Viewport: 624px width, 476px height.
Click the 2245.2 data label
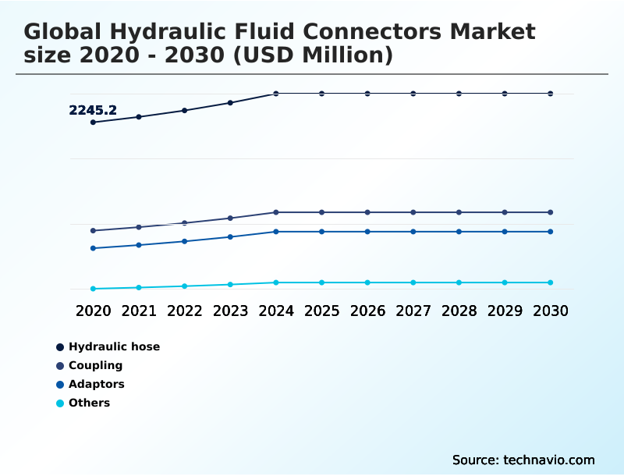93,111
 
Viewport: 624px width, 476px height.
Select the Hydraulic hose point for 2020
93,123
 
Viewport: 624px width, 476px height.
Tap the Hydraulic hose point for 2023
230,102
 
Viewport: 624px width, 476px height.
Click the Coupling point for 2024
276,212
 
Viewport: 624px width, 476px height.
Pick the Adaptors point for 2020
93,248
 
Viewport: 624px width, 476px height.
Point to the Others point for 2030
551,282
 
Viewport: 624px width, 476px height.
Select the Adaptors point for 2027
413,232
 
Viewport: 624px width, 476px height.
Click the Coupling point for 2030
551,212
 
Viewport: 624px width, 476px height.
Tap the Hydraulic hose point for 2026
367,94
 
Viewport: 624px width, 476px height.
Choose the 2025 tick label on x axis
321,311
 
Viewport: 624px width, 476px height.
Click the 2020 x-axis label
93,311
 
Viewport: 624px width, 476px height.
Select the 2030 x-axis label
551,311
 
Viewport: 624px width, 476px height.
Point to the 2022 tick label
185,311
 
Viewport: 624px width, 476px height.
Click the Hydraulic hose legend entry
114,346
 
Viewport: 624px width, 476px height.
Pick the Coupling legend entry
95,365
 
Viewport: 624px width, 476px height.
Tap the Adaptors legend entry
96,384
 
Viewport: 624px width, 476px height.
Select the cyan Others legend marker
60,403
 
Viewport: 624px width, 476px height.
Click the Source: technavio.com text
523,460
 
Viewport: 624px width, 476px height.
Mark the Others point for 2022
185,286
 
